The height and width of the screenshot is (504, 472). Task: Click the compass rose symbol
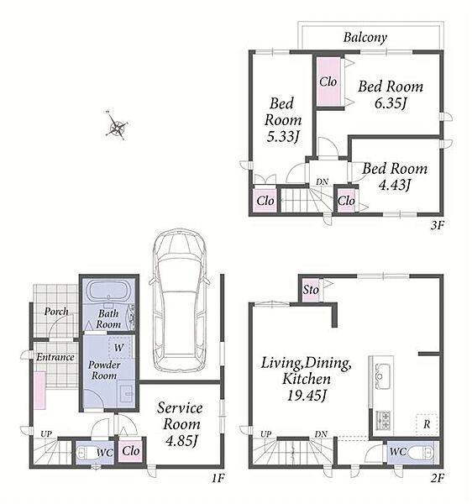pos(117,125)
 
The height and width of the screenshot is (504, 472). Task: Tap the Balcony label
pos(365,38)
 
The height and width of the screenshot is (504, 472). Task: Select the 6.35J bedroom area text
pos(391,103)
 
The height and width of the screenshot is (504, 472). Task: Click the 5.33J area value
pos(283,137)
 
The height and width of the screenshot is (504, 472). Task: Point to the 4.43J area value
pos(395,185)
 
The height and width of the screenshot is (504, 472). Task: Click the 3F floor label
pos(437,226)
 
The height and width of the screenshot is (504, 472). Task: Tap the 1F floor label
pos(218,479)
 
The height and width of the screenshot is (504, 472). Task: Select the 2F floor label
pos(437,479)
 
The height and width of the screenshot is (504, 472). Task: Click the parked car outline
pos(179,301)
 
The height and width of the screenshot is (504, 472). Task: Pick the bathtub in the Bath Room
pos(109,291)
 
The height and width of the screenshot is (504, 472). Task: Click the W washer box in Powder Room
pos(119,347)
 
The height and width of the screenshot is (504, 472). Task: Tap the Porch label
pos(56,312)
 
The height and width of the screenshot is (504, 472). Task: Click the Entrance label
pos(55,357)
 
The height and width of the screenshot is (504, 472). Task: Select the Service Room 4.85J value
pos(181,441)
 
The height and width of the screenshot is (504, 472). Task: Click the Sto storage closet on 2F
pos(311,291)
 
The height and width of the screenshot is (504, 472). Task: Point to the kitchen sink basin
pos(382,375)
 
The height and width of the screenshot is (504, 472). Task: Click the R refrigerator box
pos(427,424)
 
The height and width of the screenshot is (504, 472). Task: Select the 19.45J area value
pos(306,396)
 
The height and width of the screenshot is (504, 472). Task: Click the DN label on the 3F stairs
pos(322,182)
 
